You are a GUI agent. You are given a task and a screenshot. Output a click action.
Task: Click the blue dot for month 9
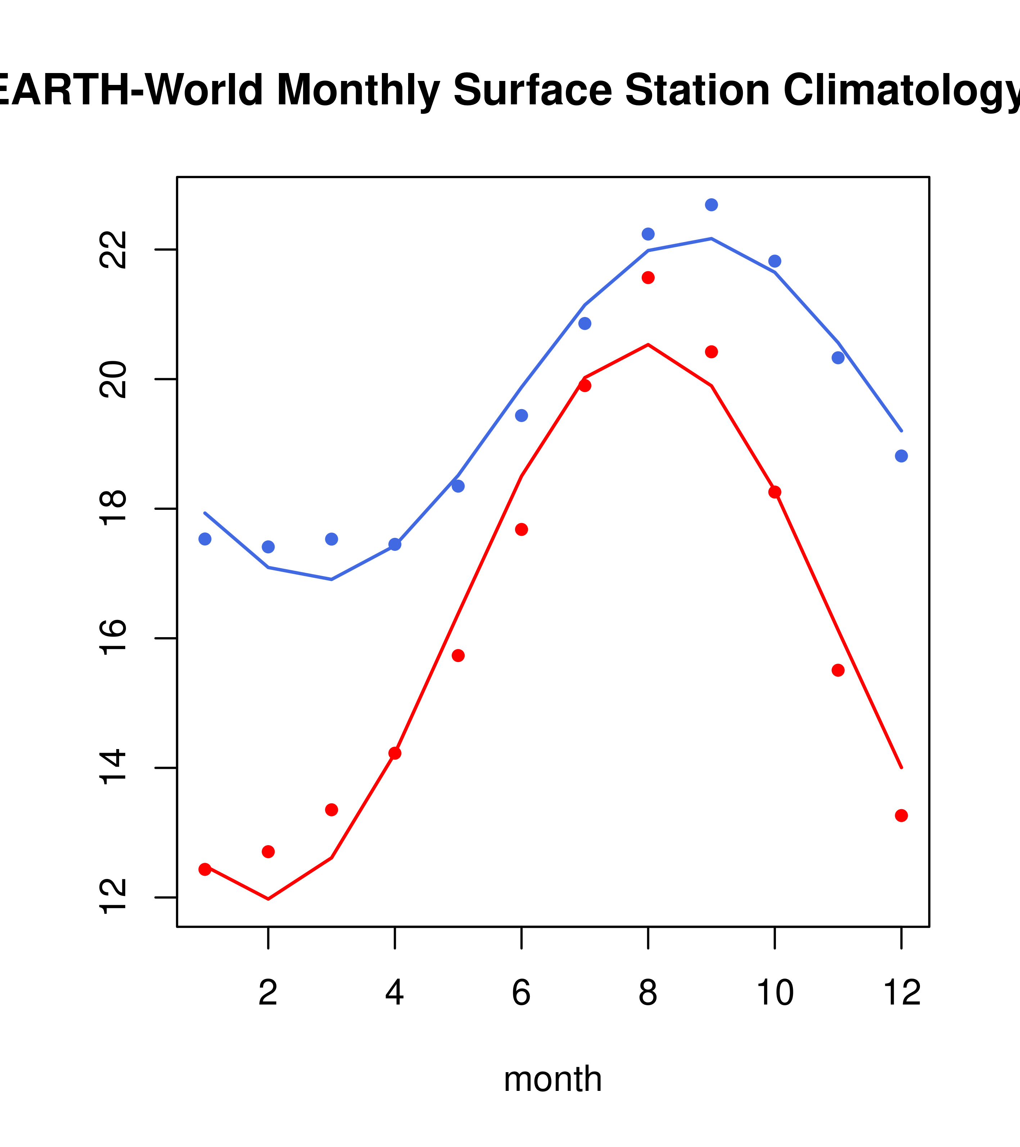tap(711, 205)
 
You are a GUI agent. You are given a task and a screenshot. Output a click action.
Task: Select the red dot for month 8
tap(648, 278)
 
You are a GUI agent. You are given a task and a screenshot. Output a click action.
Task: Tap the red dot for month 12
tap(901, 815)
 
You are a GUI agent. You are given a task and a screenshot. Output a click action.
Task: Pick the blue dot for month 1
tap(205, 539)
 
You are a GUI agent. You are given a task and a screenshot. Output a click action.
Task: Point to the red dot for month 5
tap(458, 656)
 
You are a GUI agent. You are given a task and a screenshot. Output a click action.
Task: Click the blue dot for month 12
tap(901, 455)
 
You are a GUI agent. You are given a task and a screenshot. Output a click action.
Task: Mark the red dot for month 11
tap(838, 670)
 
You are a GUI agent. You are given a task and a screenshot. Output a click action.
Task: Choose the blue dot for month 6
tap(522, 415)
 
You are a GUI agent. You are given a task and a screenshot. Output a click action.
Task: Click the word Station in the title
tap(696, 90)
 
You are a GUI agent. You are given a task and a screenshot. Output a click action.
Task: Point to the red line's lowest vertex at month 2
tap(268, 899)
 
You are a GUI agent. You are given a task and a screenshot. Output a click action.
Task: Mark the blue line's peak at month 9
tap(711, 239)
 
